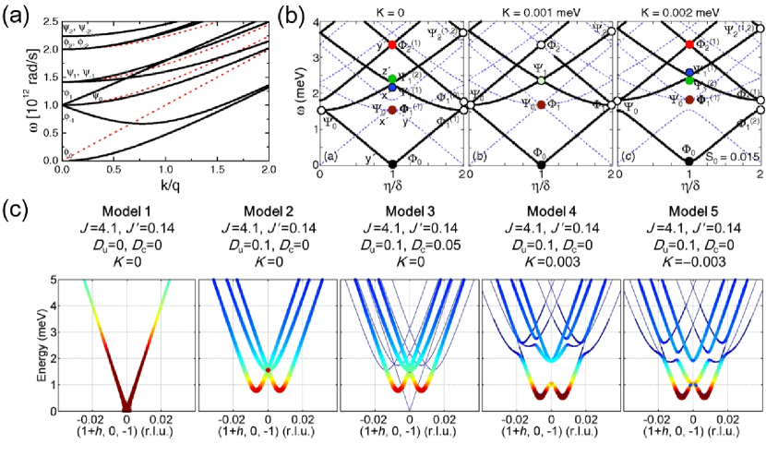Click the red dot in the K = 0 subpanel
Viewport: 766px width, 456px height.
pyautogui.click(x=393, y=44)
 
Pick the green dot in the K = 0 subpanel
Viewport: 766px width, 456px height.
pyautogui.click(x=393, y=78)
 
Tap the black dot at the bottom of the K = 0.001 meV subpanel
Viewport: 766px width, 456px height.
pyautogui.click(x=542, y=164)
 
